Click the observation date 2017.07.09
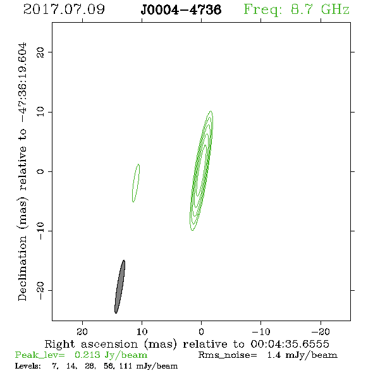(x=64, y=9)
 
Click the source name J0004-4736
(x=181, y=9)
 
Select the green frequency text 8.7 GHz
(x=320, y=9)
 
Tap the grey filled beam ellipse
(x=120, y=286)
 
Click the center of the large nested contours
(x=202, y=171)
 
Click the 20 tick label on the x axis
(x=82, y=332)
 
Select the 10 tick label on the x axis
(x=142, y=332)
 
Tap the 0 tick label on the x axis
(x=201, y=332)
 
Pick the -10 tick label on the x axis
(x=261, y=332)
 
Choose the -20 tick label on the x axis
(x=321, y=332)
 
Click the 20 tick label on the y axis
(x=40, y=52)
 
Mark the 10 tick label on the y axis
(x=40, y=112)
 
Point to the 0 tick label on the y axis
(x=40, y=171)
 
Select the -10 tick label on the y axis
(x=40, y=231)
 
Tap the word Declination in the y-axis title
(x=22, y=268)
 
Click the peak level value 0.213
(x=87, y=355)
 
